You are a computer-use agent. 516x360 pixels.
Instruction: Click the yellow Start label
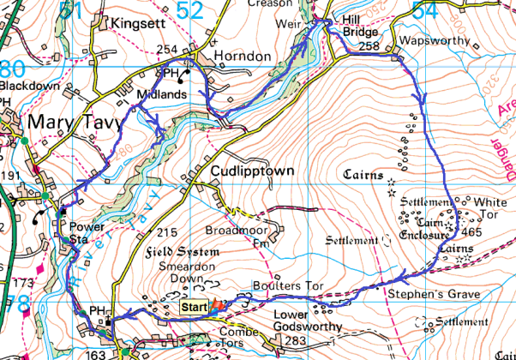194,306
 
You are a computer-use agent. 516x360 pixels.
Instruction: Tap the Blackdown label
29,87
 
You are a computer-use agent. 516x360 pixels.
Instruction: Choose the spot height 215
166,232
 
